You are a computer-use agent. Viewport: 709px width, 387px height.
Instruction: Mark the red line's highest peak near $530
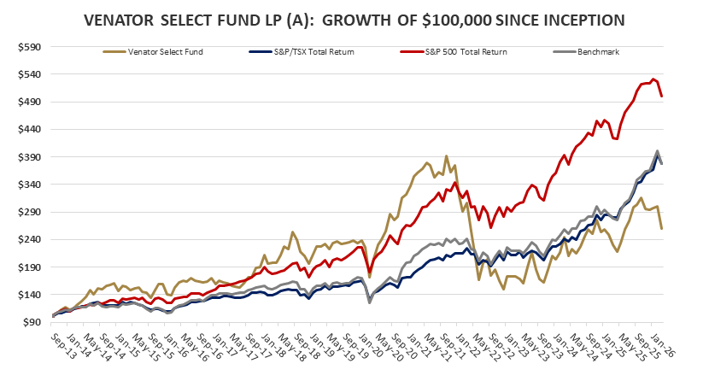pos(653,79)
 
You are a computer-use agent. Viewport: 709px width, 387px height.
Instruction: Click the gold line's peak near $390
pos(446,156)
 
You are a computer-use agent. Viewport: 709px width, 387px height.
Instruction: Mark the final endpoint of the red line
pos(663,97)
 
